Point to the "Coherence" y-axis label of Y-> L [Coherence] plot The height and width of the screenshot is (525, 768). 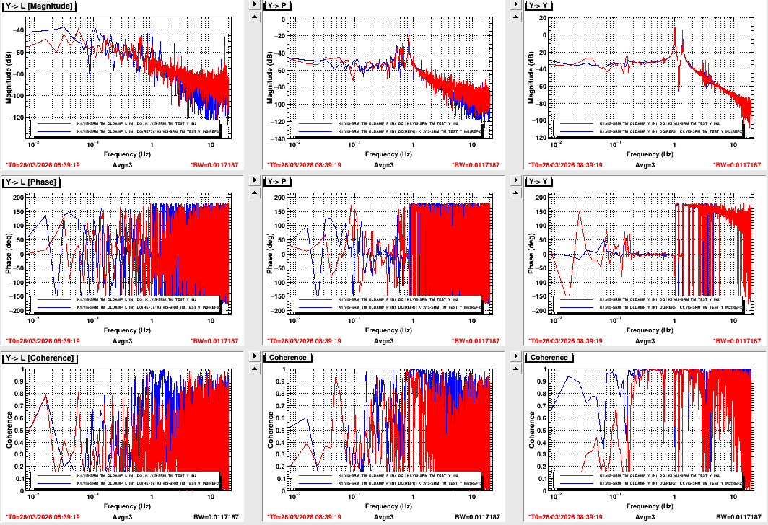pyautogui.click(x=9, y=429)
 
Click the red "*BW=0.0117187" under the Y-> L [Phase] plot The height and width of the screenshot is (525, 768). pyautogui.click(x=215, y=341)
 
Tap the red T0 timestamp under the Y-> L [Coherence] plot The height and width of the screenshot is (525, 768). pyautogui.click(x=43, y=517)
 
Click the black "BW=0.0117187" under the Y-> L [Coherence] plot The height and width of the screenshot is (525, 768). pyautogui.click(x=215, y=517)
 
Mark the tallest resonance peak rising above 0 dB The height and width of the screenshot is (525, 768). pyautogui.click(x=675, y=29)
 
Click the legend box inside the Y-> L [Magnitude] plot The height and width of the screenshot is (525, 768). pyautogui.click(x=129, y=128)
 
